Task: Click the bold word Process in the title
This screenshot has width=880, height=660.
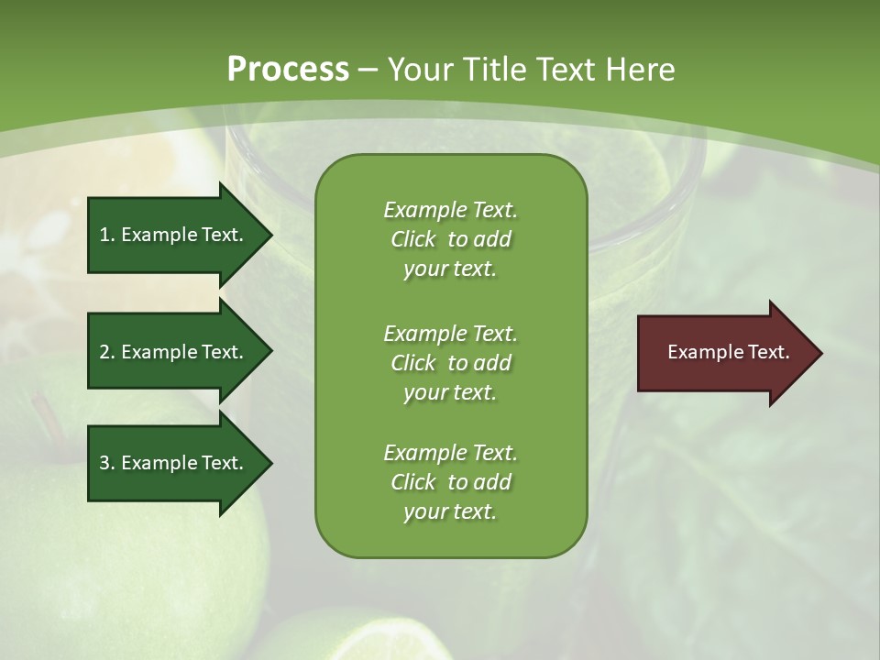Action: [x=288, y=70]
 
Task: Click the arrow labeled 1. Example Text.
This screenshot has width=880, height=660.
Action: [x=174, y=235]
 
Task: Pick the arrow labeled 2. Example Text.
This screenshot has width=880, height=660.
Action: [x=174, y=352]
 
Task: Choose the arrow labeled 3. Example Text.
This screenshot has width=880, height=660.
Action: [x=174, y=463]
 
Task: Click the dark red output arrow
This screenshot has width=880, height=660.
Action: [x=724, y=353]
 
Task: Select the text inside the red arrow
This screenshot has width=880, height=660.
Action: [x=728, y=352]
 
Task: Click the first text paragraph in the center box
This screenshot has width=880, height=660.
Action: [x=450, y=239]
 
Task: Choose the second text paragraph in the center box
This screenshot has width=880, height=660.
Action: [x=450, y=362]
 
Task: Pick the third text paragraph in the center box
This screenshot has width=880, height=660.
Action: [x=450, y=482]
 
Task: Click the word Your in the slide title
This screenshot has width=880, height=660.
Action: [x=419, y=70]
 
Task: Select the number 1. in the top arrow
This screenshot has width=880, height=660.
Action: [x=106, y=235]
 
